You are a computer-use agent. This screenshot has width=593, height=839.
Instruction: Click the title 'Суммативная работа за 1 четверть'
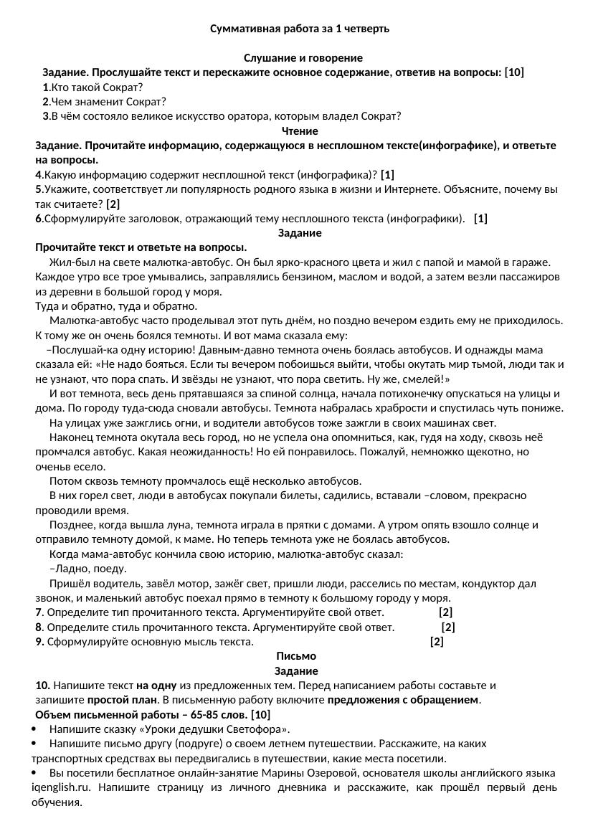point(300,29)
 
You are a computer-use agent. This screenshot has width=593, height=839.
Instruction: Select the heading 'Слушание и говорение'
point(303,57)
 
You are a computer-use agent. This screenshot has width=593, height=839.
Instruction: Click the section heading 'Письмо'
point(295,656)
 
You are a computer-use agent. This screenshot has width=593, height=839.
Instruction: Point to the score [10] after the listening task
point(514,72)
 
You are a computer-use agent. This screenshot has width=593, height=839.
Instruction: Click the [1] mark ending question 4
point(387,175)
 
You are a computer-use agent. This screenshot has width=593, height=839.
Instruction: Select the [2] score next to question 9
point(437,642)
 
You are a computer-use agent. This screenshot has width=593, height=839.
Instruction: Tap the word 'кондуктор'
point(492,584)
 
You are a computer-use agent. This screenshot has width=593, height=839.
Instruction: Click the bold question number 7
point(39,612)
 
